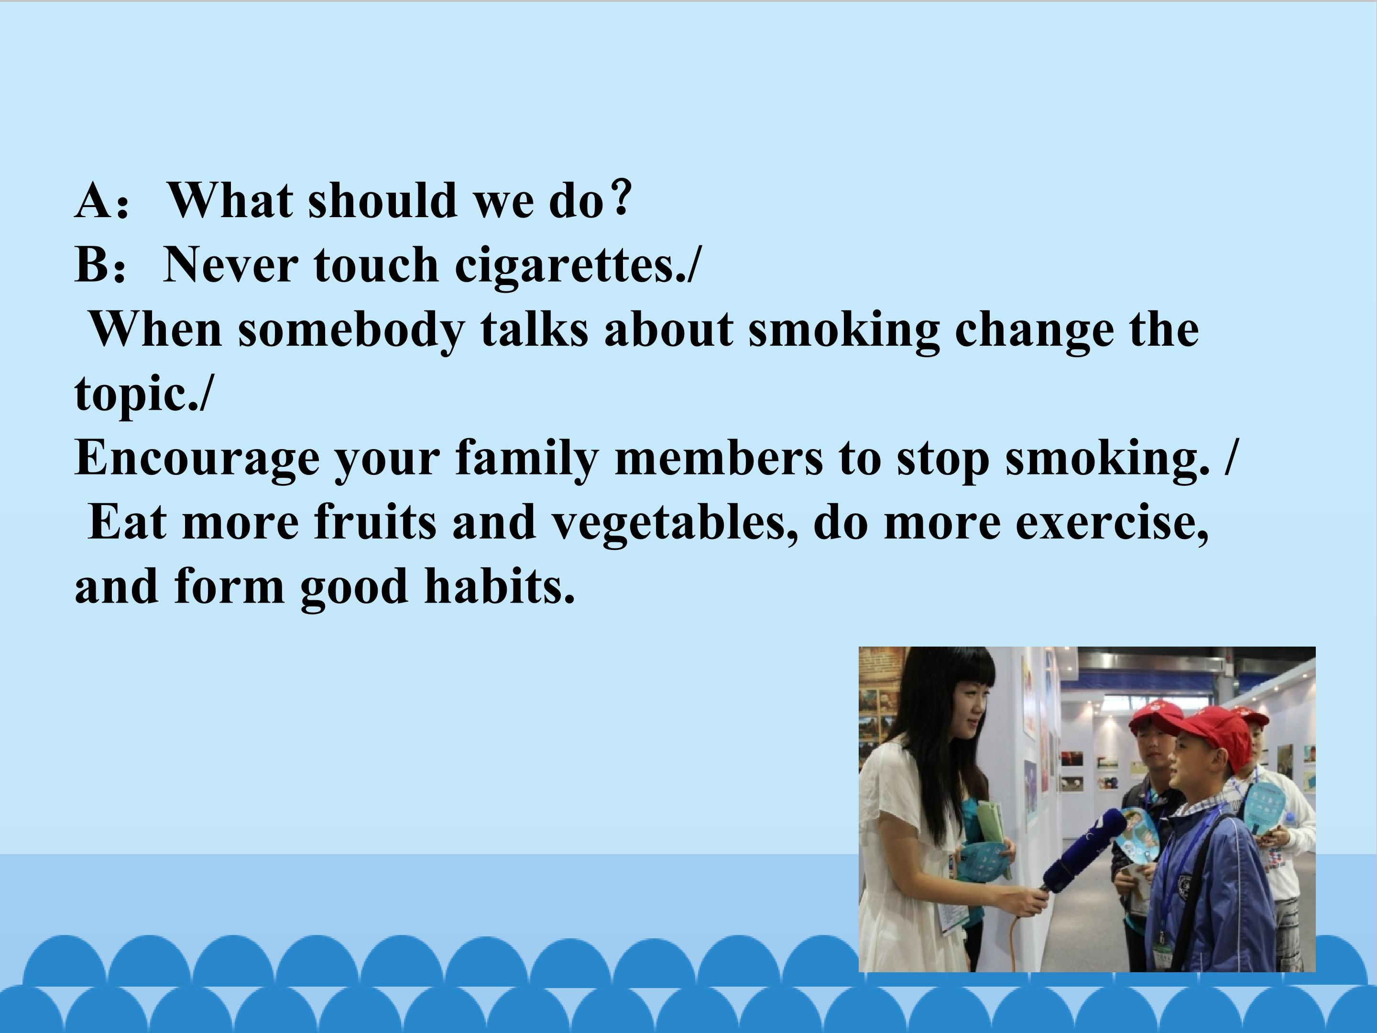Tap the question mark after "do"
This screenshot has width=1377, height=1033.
tap(621, 197)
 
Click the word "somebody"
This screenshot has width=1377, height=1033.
tap(351, 330)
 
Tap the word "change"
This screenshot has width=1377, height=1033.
tap(1033, 330)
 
